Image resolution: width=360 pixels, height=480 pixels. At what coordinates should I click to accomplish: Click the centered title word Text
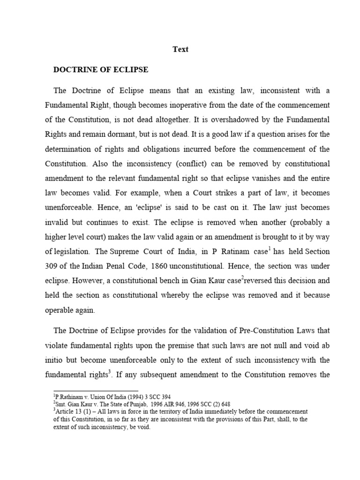[x=180, y=49]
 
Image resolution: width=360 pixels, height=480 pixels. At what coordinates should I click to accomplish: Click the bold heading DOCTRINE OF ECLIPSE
[x=101, y=70]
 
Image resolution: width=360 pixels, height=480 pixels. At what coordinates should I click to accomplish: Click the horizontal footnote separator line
[x=96, y=390]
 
